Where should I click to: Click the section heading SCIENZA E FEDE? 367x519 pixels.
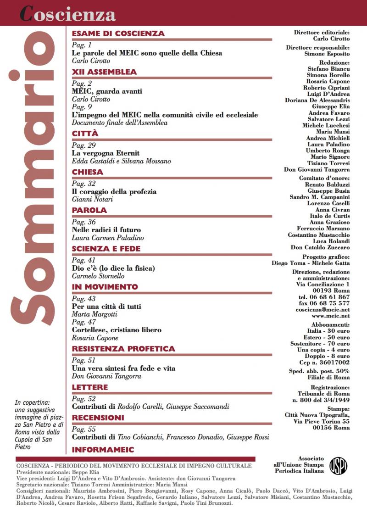pos(106,249)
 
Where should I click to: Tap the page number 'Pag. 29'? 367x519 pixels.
pos(83,145)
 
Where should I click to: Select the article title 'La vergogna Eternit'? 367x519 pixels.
pos(106,153)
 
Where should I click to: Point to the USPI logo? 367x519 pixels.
pos(338,465)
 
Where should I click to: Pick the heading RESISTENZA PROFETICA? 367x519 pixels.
pos(123,349)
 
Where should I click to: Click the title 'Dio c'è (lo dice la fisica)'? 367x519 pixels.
pos(113,268)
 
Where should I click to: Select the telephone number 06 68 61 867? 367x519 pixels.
pos(324,297)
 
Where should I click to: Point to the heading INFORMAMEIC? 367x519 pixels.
pos(103,449)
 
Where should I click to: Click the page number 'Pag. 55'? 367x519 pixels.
pos(83,429)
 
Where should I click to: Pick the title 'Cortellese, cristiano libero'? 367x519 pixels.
pos(117,330)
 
